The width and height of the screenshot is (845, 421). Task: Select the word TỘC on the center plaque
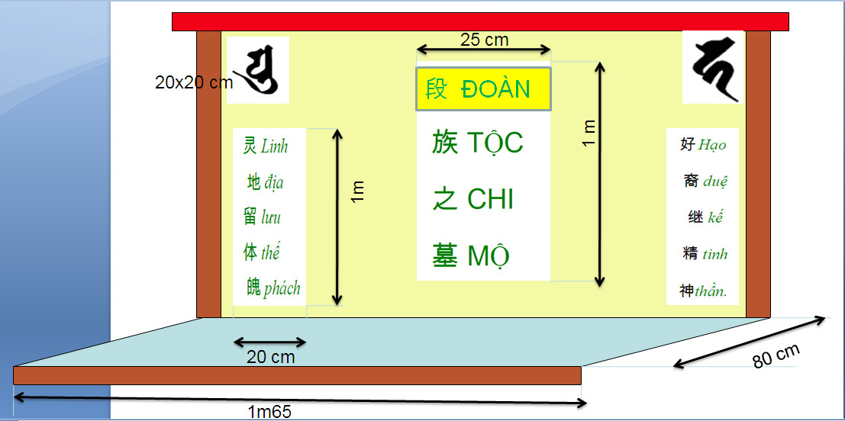click(494, 143)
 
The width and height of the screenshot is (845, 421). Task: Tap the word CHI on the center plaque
click(490, 199)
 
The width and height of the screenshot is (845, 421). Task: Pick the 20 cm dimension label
click(270, 356)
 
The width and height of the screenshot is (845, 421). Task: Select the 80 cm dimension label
click(776, 356)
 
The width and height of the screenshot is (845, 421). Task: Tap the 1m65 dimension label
click(269, 412)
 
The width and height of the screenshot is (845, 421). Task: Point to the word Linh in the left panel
click(274, 146)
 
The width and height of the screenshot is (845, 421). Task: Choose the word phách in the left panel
click(282, 289)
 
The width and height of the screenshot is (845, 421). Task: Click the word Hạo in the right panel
click(712, 145)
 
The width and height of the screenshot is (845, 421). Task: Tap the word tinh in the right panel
click(715, 254)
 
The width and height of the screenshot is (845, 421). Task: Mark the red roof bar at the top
click(480, 21)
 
